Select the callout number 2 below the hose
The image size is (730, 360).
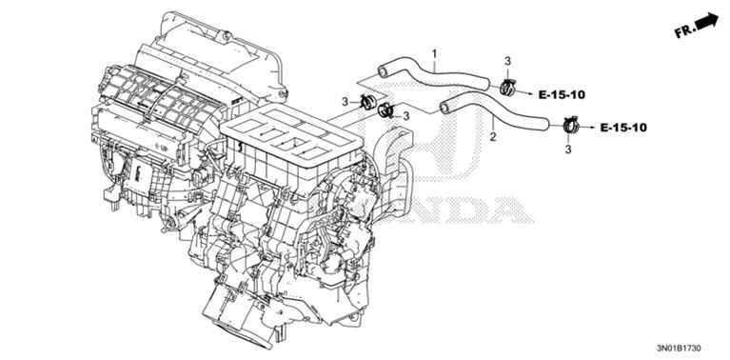click(493, 136)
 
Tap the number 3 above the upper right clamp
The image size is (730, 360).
click(507, 61)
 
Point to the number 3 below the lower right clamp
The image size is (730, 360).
click(567, 149)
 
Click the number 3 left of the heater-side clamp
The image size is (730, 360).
click(345, 102)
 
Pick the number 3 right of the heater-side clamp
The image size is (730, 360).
click(406, 115)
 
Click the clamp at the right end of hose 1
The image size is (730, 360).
click(507, 87)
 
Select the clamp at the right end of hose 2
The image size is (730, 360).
click(570, 125)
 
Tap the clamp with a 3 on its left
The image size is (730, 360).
click(367, 102)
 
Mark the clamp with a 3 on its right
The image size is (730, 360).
click(385, 110)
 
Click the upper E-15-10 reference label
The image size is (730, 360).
click(562, 95)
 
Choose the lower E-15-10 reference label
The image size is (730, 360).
click(623, 128)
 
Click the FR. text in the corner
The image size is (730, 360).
click(685, 30)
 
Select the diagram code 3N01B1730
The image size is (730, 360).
click(679, 348)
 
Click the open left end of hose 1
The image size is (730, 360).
click(383, 71)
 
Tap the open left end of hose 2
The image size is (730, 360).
click(444, 108)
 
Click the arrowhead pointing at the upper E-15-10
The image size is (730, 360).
click(529, 93)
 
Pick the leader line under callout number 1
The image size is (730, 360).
click(435, 64)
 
